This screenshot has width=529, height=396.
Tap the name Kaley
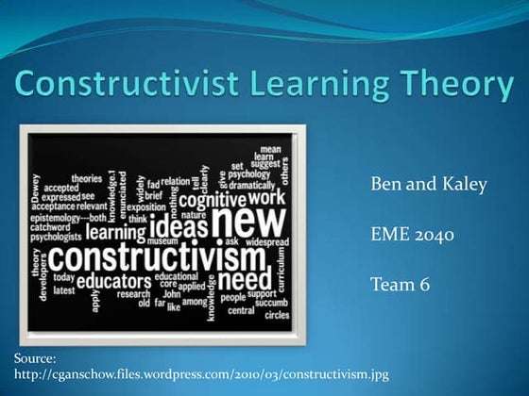coord(461,184)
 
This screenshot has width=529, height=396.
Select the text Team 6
coord(399,282)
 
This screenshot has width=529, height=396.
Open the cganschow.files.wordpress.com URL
coord(201,374)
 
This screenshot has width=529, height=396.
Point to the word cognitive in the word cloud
coord(213,200)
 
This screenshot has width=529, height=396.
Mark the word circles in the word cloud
coord(277,315)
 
